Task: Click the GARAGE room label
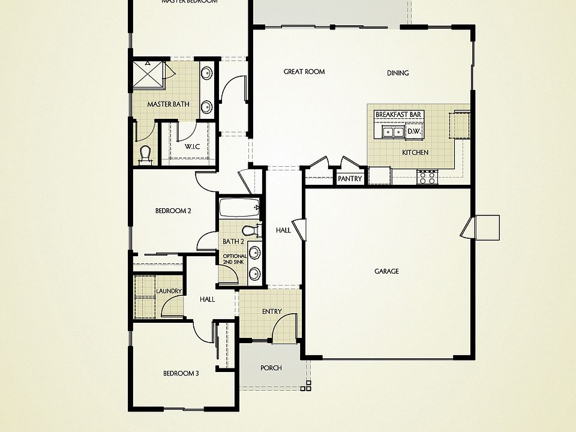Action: pyautogui.click(x=386, y=271)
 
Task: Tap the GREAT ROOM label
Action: pyautogui.click(x=304, y=72)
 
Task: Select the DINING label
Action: pyautogui.click(x=398, y=73)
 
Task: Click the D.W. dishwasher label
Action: pyautogui.click(x=413, y=131)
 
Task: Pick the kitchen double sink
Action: pyautogui.click(x=391, y=132)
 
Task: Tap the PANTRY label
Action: pyautogui.click(x=350, y=179)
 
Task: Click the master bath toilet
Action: pyautogui.click(x=144, y=155)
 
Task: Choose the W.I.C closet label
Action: pyautogui.click(x=192, y=146)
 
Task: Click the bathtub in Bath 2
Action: pyautogui.click(x=239, y=208)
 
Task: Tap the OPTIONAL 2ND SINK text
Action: pyautogui.click(x=235, y=259)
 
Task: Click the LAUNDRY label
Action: pyautogui.click(x=169, y=292)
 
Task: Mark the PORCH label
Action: pyautogui.click(x=271, y=368)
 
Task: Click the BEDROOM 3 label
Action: pyautogui.click(x=181, y=374)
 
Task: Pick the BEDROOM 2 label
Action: pyautogui.click(x=173, y=211)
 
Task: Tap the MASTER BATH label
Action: pyautogui.click(x=168, y=104)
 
